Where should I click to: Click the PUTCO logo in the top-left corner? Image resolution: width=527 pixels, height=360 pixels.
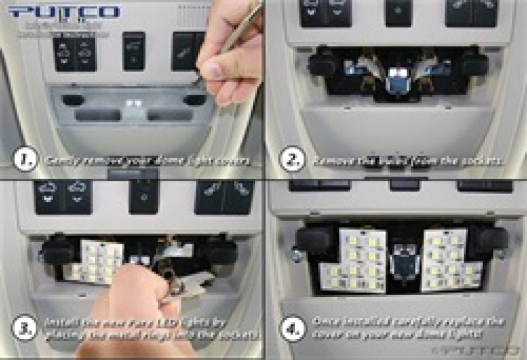pos(65,12)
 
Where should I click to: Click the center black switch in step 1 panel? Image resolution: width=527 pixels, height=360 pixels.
pos(134,51)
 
